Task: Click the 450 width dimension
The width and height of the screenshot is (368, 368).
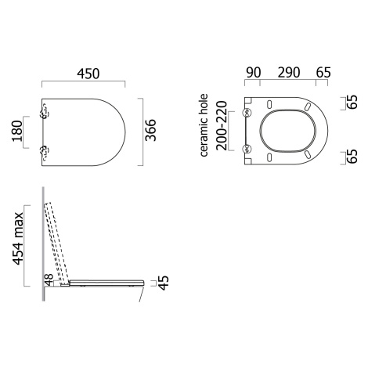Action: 88,74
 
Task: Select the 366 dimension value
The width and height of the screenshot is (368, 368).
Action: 150,130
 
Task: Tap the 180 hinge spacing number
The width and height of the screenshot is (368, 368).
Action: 18,131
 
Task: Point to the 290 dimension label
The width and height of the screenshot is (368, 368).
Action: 289,73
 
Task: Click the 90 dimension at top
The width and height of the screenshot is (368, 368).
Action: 254,73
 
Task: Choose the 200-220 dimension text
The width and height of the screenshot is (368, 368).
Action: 222,125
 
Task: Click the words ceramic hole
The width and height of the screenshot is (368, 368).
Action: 204,125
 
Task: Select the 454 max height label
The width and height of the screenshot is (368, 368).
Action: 18,238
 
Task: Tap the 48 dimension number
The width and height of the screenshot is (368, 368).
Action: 49,280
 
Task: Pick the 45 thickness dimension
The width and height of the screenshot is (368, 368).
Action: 164,283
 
